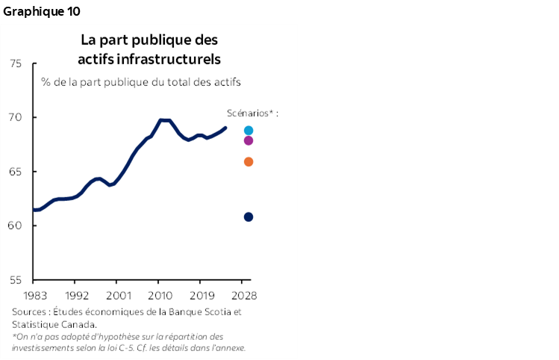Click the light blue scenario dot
249,131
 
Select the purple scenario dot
249,140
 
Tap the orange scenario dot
249,162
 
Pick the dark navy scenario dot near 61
249,217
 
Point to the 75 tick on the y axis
16,63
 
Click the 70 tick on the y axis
16,117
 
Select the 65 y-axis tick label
16,172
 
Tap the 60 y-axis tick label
16,226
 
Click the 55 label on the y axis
16,280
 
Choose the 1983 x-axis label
35,295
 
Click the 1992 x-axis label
77,295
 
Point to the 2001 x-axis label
118,295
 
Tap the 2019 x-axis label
201,295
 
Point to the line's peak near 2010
161,120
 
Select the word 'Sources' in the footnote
28,312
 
